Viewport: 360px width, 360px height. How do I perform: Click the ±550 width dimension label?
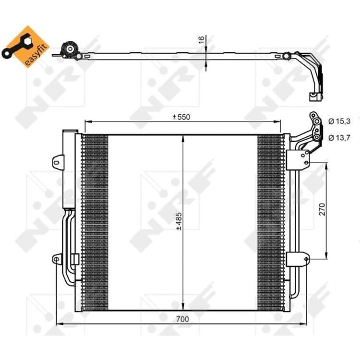click(x=181, y=117)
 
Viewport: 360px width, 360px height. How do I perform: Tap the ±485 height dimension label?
click(x=179, y=221)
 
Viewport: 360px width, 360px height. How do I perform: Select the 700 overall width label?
click(x=182, y=319)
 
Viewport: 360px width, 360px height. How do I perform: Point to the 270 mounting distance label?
click(x=323, y=209)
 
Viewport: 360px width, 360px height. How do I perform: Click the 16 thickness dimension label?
click(x=201, y=40)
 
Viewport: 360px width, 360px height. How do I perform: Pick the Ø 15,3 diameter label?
click(x=339, y=121)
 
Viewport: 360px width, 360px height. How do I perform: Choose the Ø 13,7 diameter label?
click(x=339, y=138)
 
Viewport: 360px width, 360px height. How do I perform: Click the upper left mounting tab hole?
click(x=56, y=163)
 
